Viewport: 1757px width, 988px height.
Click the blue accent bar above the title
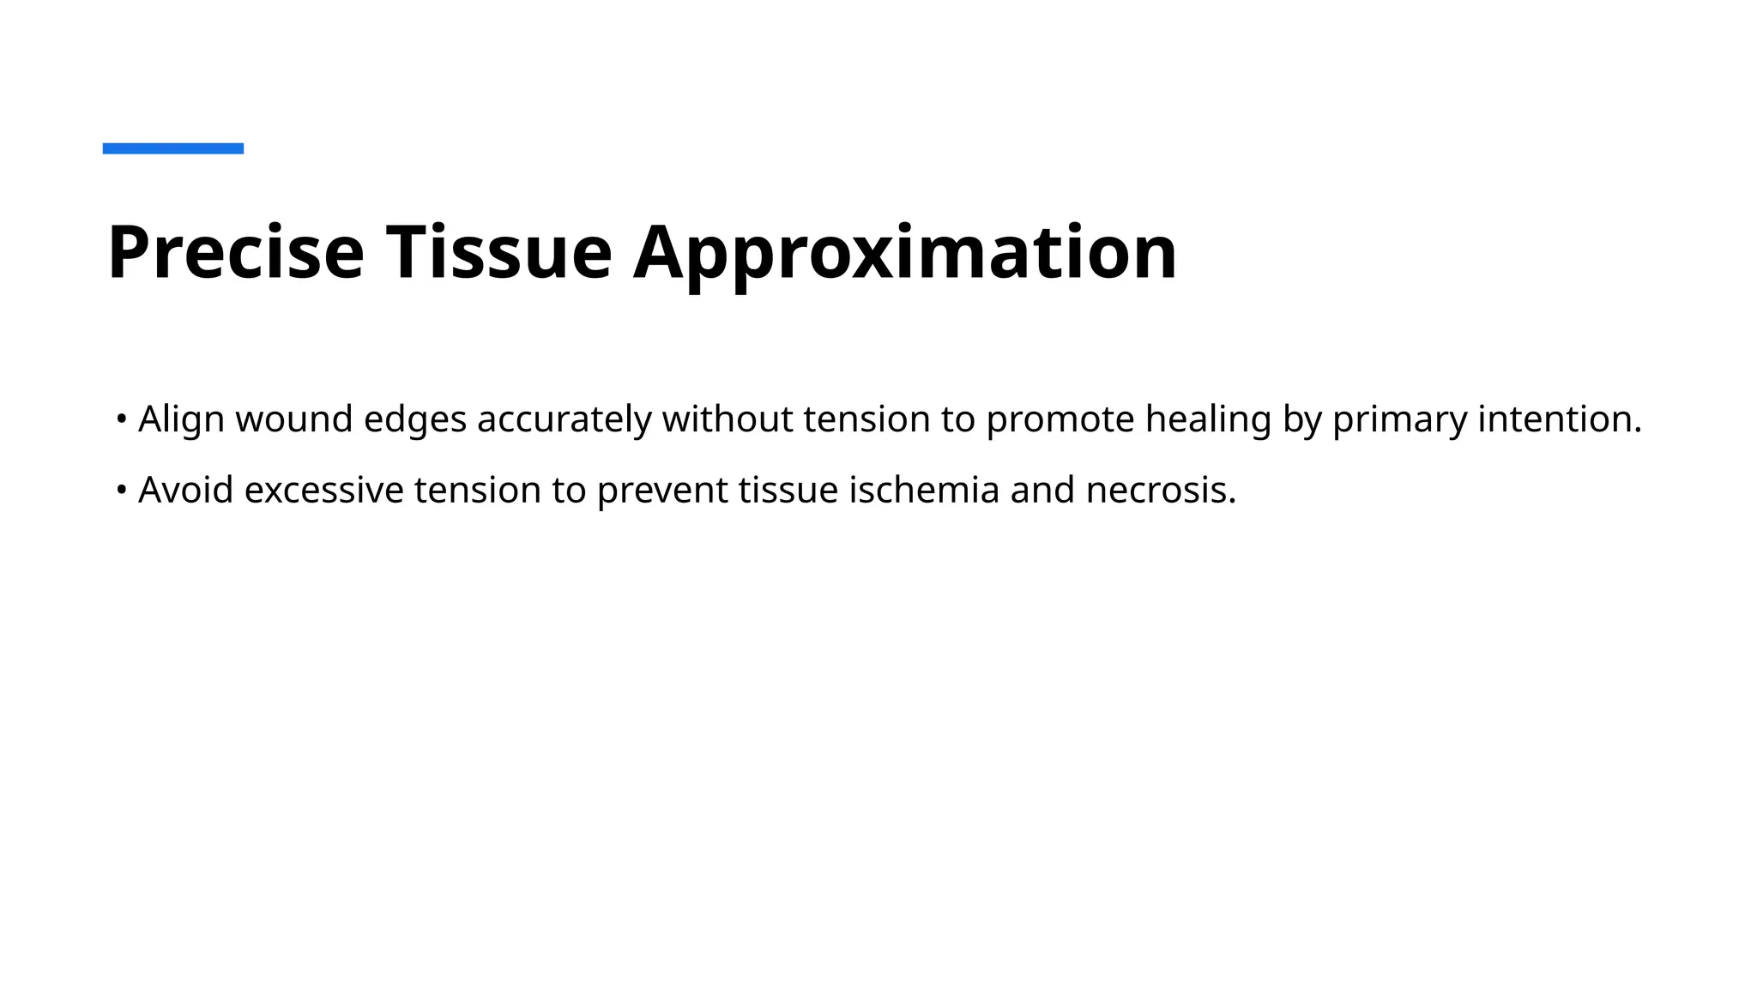[x=172, y=148]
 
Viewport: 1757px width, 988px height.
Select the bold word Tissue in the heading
[x=498, y=252]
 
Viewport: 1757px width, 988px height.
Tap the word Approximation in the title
[x=905, y=252]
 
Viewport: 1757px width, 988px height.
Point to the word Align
[x=181, y=419]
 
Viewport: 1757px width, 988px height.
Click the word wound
[x=294, y=419]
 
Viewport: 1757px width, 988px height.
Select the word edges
[x=415, y=419]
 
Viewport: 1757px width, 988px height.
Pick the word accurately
[x=564, y=419]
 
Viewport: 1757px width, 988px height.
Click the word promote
[x=1060, y=419]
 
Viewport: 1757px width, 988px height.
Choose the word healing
[x=1208, y=419]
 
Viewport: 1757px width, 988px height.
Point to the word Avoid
[x=185, y=491]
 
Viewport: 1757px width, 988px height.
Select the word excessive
[x=323, y=491]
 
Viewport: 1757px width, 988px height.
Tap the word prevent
[x=662, y=491]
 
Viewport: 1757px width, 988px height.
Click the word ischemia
[x=924, y=491]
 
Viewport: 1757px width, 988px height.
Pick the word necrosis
[x=1161, y=491]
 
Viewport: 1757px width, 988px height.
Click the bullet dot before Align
[x=122, y=419]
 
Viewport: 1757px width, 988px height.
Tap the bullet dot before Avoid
[x=122, y=491]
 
